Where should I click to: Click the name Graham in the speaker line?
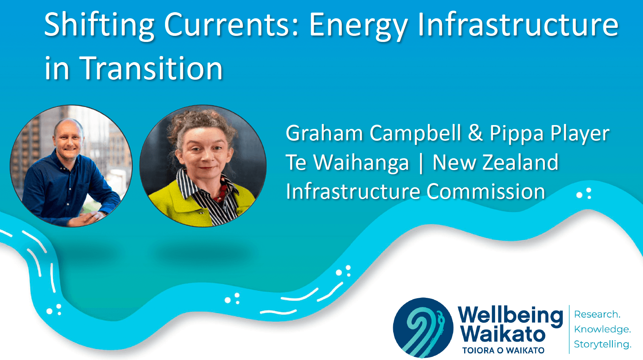click(x=325, y=133)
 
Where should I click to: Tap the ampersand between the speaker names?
click(x=475, y=133)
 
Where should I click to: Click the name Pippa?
click(x=517, y=133)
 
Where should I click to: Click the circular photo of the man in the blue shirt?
click(x=71, y=166)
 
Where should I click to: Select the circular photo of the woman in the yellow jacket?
click(x=203, y=166)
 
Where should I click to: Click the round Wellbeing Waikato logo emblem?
click(x=423, y=328)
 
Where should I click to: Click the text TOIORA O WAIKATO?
click(x=503, y=350)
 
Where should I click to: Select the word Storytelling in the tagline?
click(x=603, y=344)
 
